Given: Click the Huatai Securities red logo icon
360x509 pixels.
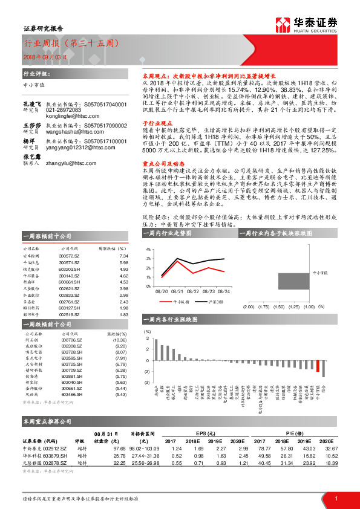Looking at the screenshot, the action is pyautogui.click(x=283, y=24).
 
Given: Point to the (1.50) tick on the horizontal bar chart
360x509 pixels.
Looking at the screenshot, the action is pyautogui.click(x=279, y=306).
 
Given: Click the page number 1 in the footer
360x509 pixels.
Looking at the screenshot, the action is pyautogui.click(x=335, y=498).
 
